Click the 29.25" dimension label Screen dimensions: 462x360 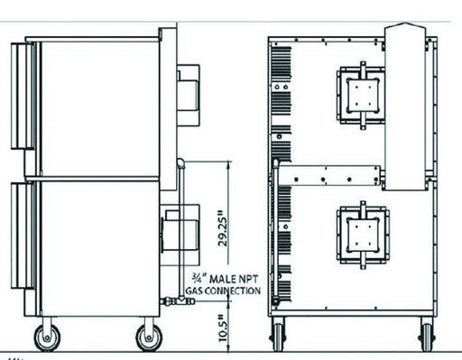coord(223,228)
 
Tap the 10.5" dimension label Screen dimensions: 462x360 coord(223,328)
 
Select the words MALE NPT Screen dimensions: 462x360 coord(234,279)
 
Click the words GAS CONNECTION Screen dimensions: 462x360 coord(223,291)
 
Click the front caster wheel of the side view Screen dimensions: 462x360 coord(47,337)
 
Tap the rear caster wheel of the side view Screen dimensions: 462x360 coord(149,337)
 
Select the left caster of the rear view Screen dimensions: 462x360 coord(278,337)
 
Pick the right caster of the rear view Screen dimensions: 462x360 coord(428,337)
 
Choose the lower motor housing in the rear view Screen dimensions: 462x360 coord(363,235)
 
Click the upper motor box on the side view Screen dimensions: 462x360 coord(188,95)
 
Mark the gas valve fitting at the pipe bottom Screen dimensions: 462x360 coord(178,300)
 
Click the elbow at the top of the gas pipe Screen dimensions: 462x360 coord(180,162)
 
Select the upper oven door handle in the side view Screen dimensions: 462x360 coord(23,96)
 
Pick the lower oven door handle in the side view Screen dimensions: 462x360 coord(23,235)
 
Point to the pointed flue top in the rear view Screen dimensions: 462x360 coord(405,28)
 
